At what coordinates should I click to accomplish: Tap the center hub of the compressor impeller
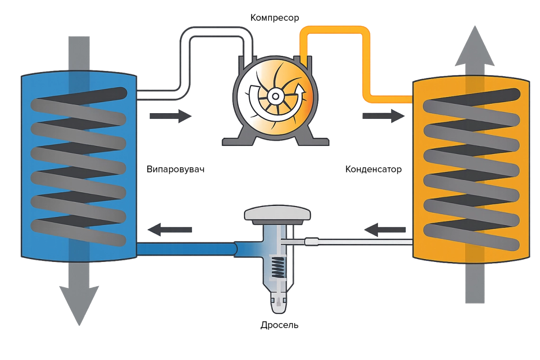[x=274, y=96]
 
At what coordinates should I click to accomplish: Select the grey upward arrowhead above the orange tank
[x=474, y=47]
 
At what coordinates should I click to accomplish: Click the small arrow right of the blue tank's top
[x=171, y=116]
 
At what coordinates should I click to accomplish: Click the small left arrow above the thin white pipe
[x=386, y=230]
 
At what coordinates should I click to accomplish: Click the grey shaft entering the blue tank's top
[x=79, y=52]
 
